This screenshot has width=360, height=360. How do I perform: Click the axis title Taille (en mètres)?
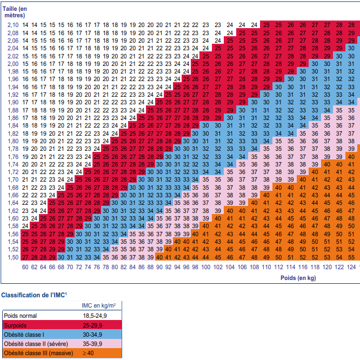click(x=15, y=12)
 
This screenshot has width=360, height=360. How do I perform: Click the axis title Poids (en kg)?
click(x=298, y=278)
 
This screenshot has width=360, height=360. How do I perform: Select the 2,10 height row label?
click(x=12, y=25)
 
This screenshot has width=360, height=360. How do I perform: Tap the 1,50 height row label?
click(x=12, y=257)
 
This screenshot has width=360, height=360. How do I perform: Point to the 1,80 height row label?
click(x=12, y=141)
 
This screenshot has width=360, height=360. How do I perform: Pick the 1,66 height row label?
click(x=12, y=195)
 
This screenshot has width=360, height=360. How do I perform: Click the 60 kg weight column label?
click(x=25, y=267)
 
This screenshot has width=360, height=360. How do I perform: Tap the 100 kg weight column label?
click(x=218, y=267)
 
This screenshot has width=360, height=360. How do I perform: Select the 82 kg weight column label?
click(x=124, y=267)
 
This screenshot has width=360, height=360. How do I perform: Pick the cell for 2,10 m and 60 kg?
click(x=25, y=25)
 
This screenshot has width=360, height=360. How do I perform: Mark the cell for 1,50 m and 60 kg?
click(x=25, y=257)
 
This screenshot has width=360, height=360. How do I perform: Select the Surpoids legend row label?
click(x=16, y=325)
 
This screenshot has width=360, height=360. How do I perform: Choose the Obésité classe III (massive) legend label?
click(x=35, y=354)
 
